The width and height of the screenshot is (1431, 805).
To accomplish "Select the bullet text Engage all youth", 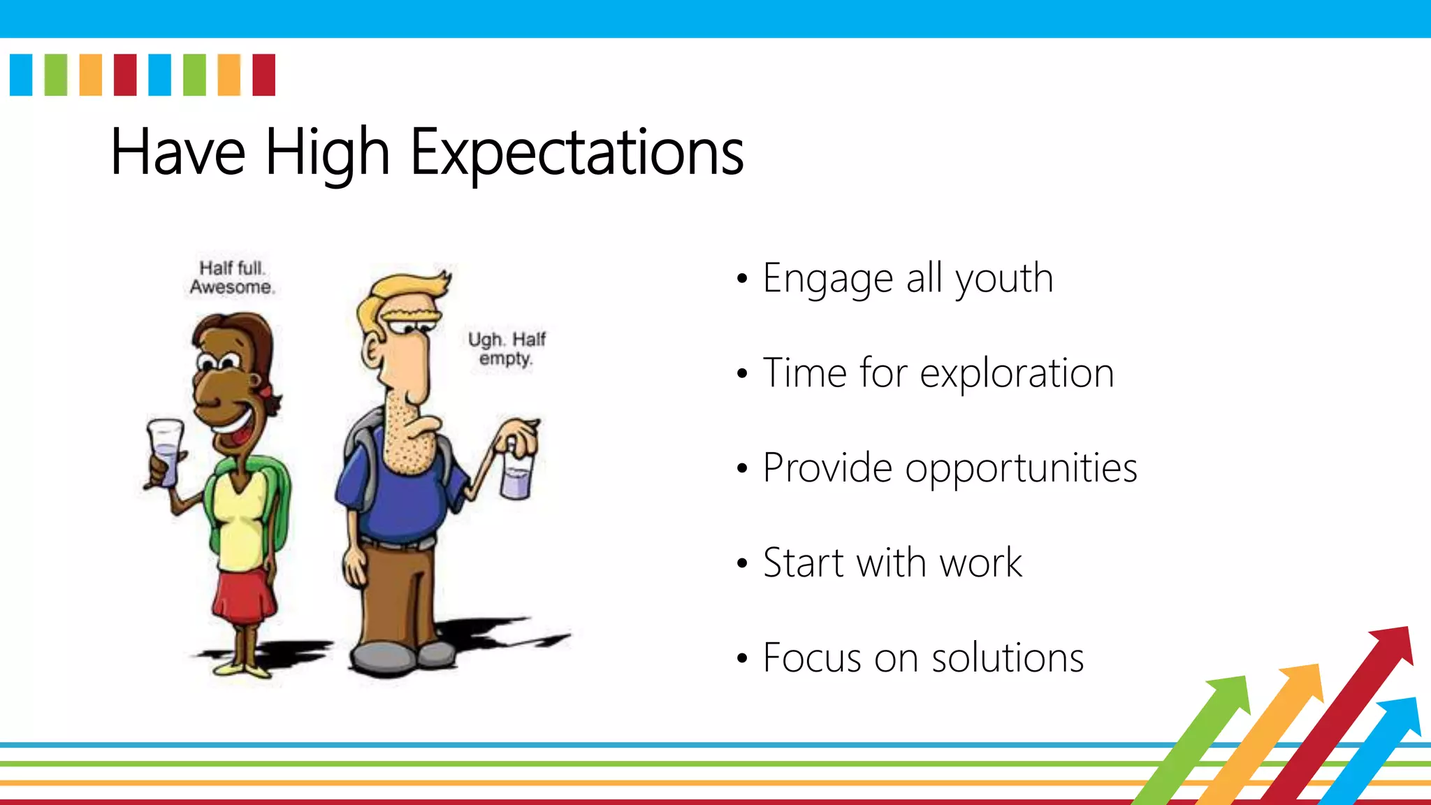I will click(x=907, y=278).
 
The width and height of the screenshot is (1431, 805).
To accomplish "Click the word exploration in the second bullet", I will click(x=1017, y=373).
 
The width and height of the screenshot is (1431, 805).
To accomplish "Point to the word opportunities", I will click(x=1021, y=468).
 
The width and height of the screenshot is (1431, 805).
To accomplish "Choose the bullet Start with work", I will click(x=892, y=563).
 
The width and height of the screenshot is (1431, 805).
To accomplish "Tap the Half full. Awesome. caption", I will click(x=232, y=278).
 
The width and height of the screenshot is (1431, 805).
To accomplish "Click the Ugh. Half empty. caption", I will click(x=507, y=349).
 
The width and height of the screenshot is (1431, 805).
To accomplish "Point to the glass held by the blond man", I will click(x=517, y=475).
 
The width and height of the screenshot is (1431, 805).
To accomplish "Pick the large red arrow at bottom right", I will click(x=1349, y=706).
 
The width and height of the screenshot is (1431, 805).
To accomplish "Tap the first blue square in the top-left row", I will click(x=21, y=75).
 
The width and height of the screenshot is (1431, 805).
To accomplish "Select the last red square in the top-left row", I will click(x=263, y=75).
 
